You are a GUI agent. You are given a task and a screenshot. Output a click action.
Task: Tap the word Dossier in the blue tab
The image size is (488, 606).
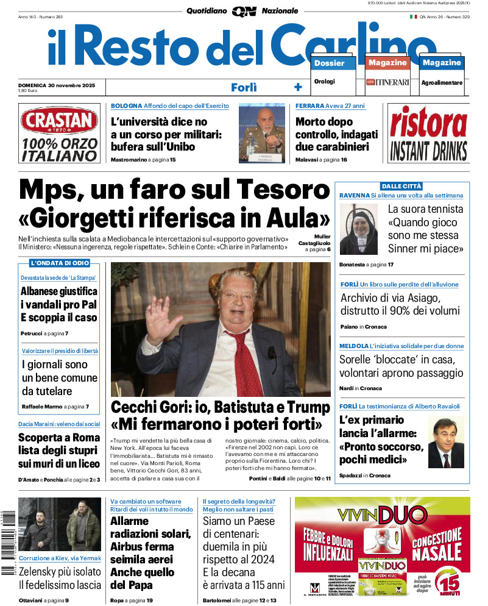(329, 63)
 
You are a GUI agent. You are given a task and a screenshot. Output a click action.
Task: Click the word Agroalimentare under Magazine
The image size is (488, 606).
(442, 82)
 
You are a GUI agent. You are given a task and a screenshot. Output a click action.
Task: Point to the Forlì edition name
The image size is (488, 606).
(244, 87)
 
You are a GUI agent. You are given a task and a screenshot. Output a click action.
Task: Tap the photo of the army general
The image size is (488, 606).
(261, 132)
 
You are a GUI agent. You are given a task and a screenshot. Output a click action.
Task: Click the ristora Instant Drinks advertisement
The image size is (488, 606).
(428, 133)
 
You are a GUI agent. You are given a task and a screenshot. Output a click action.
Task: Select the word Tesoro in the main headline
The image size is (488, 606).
(283, 190)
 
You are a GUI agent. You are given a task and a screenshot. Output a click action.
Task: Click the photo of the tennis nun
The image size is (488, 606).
(359, 229)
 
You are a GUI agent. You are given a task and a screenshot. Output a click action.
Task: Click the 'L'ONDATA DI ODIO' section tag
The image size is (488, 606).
(60, 263)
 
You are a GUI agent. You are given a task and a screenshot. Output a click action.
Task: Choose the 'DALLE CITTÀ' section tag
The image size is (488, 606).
(401, 186)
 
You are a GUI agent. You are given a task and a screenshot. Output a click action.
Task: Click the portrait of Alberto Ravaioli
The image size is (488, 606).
(445, 441)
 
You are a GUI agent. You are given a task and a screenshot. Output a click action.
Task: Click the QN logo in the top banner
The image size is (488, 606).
(244, 11)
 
